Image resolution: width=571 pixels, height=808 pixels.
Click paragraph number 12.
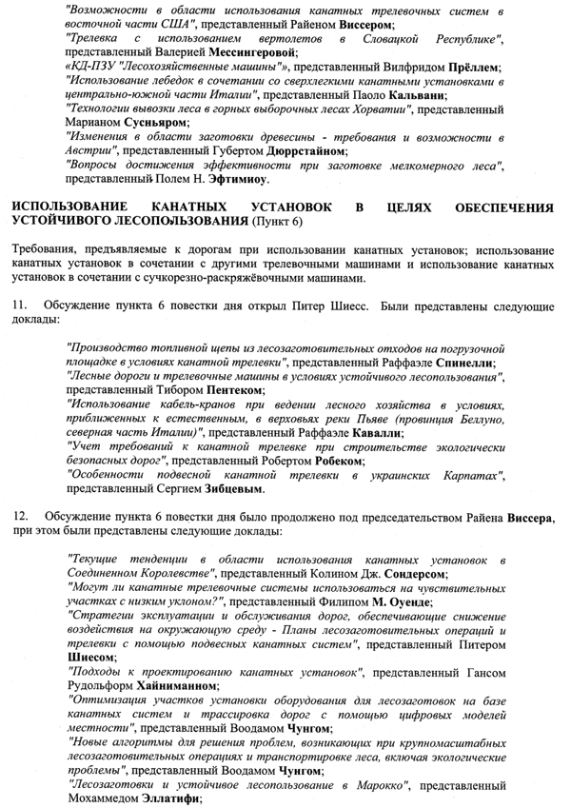click(20, 515)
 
